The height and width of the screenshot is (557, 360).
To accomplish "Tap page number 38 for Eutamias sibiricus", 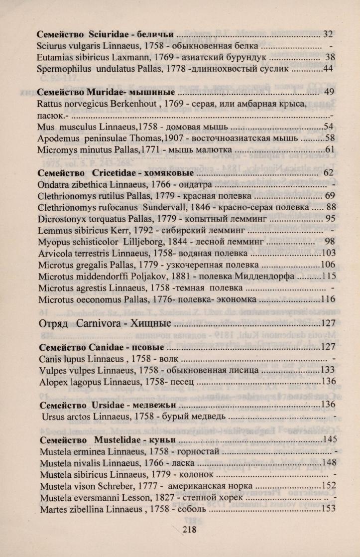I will (329, 57).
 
